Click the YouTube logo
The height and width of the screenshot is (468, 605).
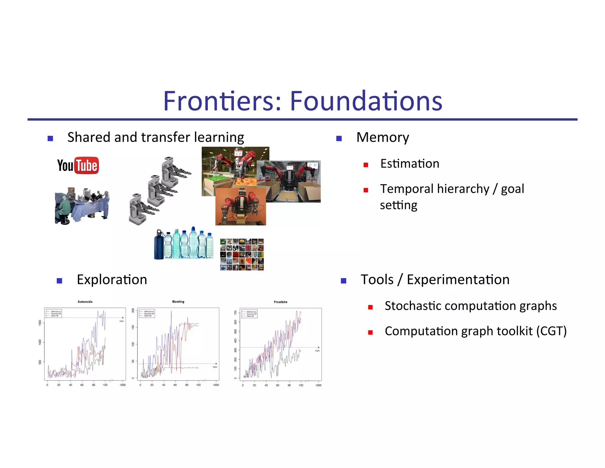78,165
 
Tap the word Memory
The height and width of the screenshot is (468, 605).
383,138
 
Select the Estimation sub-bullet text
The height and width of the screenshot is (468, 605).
409,164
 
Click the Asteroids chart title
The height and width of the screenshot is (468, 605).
85,302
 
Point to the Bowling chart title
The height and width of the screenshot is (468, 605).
178,302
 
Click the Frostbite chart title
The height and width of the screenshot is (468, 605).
280,302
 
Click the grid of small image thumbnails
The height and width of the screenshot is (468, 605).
242,254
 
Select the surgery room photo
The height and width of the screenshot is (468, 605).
82,206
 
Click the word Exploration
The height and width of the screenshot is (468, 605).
112,280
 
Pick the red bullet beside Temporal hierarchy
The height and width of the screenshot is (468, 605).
366,190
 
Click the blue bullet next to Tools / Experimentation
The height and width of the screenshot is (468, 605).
343,281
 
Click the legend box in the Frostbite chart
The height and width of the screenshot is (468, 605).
249,314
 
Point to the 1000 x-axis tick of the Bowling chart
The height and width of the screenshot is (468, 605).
216,385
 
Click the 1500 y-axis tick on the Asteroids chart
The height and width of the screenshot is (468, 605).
40,323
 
